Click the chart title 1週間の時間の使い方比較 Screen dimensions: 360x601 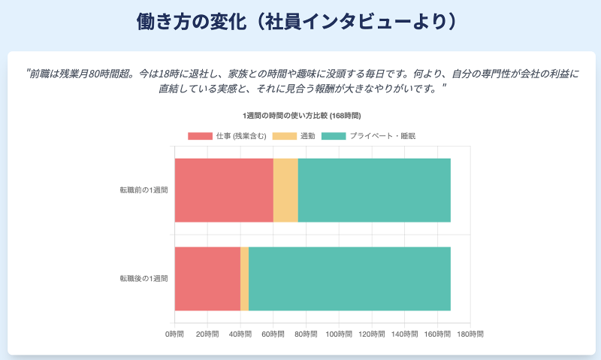click(x=301, y=116)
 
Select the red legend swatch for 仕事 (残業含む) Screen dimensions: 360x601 click(x=200, y=136)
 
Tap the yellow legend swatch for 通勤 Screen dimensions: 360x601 click(x=284, y=136)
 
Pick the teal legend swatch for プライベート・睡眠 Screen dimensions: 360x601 click(x=334, y=136)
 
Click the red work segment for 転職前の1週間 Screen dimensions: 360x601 click(x=224, y=190)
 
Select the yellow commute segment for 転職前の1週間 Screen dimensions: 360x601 click(x=285, y=190)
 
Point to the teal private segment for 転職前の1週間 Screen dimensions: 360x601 click(x=374, y=190)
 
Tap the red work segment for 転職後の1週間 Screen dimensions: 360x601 click(x=207, y=278)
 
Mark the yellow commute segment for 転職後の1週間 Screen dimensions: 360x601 click(x=244, y=278)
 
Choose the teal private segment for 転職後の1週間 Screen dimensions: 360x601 click(x=349, y=278)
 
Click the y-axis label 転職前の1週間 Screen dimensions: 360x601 click(x=143, y=190)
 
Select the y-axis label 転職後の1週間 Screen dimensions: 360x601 click(x=143, y=279)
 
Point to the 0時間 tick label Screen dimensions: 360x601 click(x=175, y=333)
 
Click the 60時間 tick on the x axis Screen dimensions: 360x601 click(x=273, y=333)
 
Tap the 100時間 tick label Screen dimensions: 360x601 click(x=339, y=333)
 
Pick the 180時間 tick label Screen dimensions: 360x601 click(x=470, y=333)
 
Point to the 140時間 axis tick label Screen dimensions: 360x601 click(x=404, y=333)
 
